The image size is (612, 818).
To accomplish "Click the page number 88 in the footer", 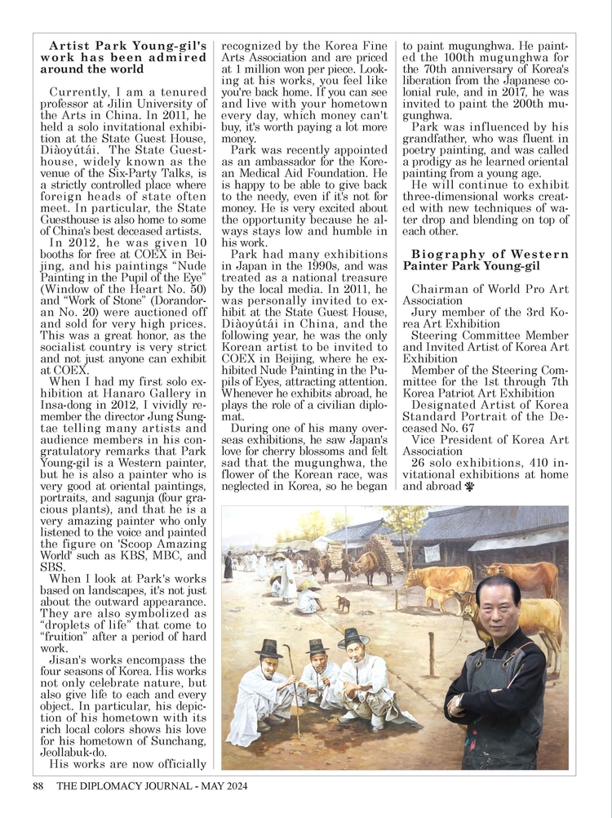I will [x=37, y=787].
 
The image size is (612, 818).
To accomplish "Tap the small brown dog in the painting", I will [x=344, y=604].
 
